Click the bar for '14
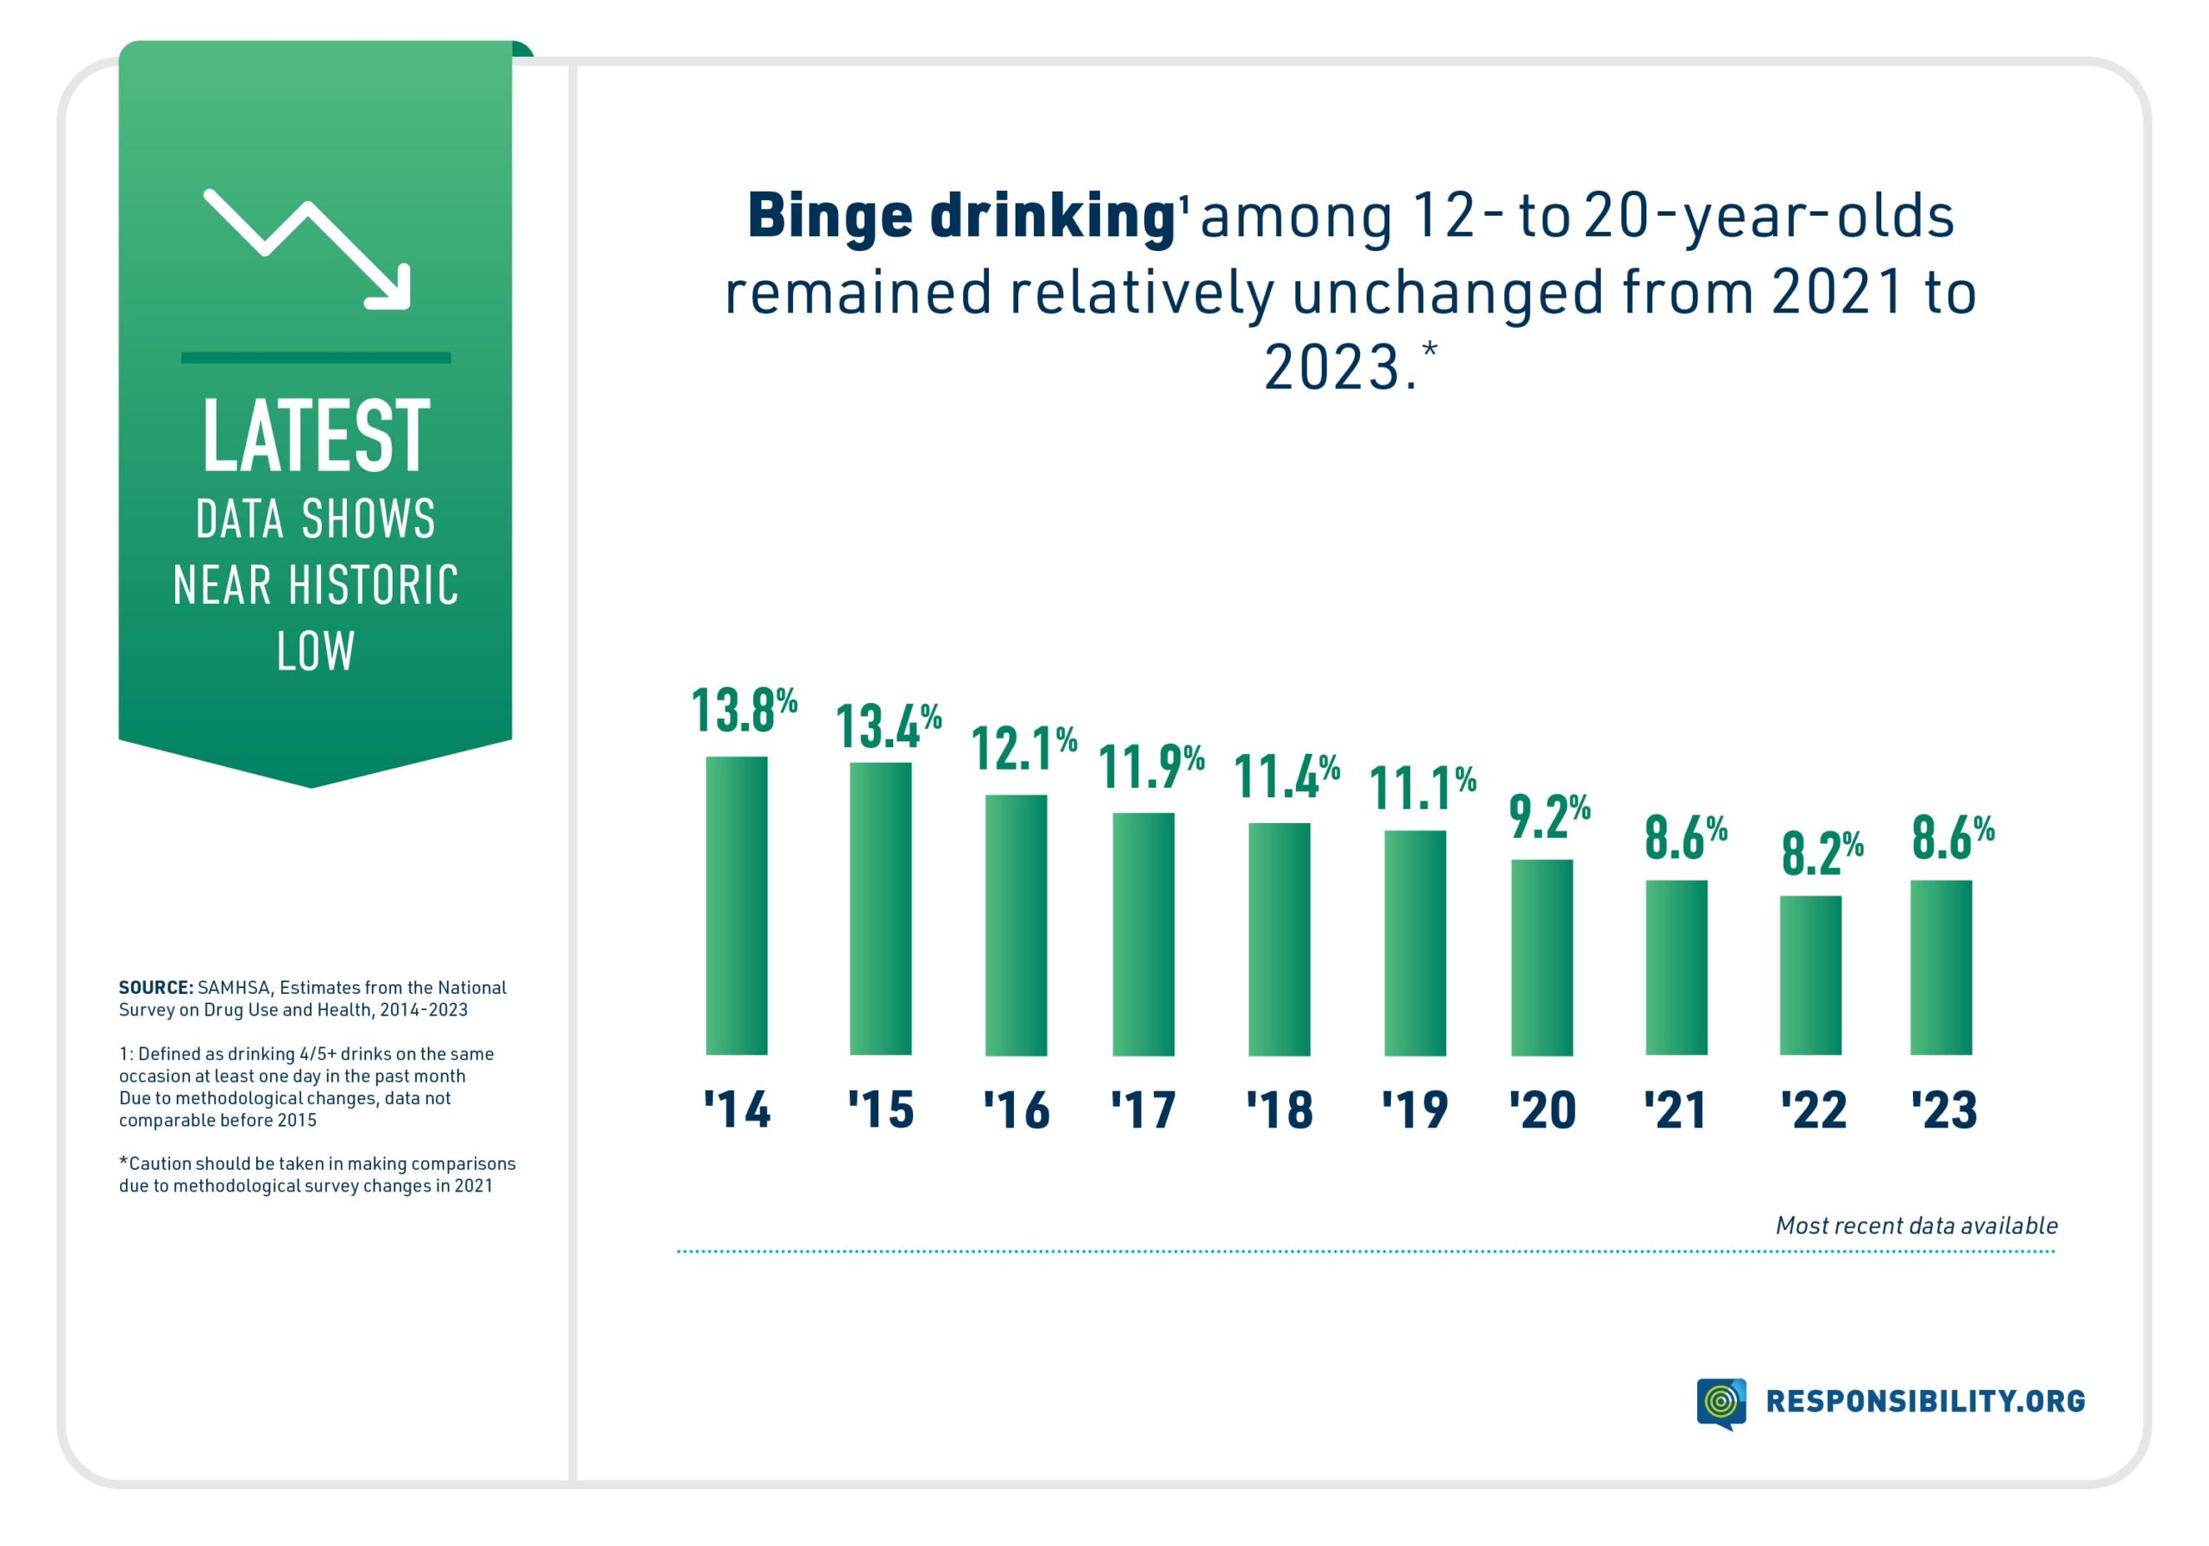[736, 905]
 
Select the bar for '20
[1541, 958]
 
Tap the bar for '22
[1809, 976]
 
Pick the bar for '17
[1143, 934]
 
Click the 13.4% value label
[887, 726]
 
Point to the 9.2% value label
[1548, 817]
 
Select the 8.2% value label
[1822, 852]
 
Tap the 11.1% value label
[1421, 788]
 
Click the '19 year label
[1414, 1110]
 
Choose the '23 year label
[1943, 1110]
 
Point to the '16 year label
[1016, 1110]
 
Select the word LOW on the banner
[316, 651]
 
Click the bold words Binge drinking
[961, 216]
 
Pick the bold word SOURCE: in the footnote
[156, 988]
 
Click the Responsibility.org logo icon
[1721, 1402]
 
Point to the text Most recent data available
[1916, 1226]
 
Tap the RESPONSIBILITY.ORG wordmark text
[1925, 1402]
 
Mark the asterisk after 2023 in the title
[1430, 349]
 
